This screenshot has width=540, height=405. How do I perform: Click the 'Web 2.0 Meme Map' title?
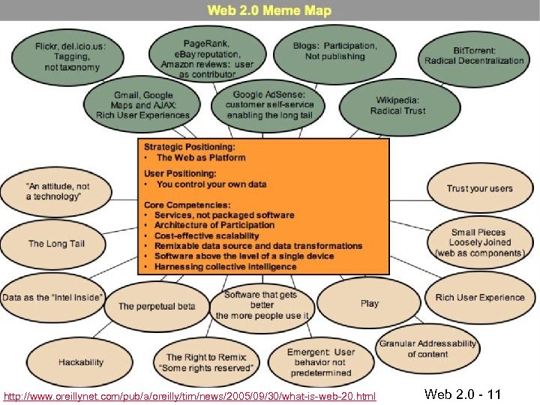pos(269,11)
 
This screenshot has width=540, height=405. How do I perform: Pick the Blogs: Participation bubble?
pos(335,51)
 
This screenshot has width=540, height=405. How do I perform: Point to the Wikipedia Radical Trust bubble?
pos(397,106)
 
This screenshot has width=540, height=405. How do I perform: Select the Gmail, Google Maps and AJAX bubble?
pos(142,105)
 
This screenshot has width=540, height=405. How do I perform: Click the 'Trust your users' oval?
pos(479,188)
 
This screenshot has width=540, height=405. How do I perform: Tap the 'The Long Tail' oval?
pos(57,243)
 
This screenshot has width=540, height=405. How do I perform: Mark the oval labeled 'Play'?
pos(370,303)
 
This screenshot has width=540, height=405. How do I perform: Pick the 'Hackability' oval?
pos(81,361)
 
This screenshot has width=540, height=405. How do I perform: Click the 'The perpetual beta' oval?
pos(157,306)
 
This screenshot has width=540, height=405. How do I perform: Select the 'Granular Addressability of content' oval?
pos(427,349)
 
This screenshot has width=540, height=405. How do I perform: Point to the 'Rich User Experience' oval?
pos(480,298)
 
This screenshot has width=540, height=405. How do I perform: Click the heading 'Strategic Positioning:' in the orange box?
pos(189,147)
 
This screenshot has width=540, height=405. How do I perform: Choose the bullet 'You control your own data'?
pos(211,184)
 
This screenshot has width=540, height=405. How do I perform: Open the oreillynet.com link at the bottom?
pos(190,395)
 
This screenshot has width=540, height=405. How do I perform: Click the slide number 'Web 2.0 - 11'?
pos(462,394)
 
